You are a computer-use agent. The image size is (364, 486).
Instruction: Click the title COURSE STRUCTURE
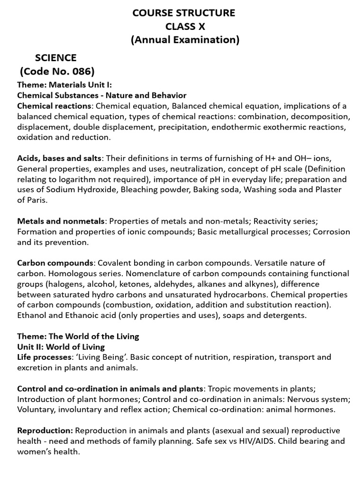[184, 13]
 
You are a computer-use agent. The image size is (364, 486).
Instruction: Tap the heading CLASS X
[185, 27]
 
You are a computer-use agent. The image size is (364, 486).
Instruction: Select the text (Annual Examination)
[185, 40]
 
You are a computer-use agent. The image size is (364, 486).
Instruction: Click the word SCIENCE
[55, 58]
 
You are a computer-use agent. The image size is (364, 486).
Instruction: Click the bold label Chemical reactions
[54, 106]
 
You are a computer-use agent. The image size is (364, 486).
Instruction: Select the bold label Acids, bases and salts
[59, 159]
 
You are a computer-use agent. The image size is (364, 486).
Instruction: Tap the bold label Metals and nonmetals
[61, 221]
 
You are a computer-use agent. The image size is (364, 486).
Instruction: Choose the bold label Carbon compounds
[55, 263]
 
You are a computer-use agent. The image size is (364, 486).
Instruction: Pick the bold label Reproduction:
[45, 430]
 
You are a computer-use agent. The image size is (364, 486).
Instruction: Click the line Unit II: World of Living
[61, 346]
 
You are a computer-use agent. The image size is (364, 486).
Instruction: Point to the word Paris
[39, 200]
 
